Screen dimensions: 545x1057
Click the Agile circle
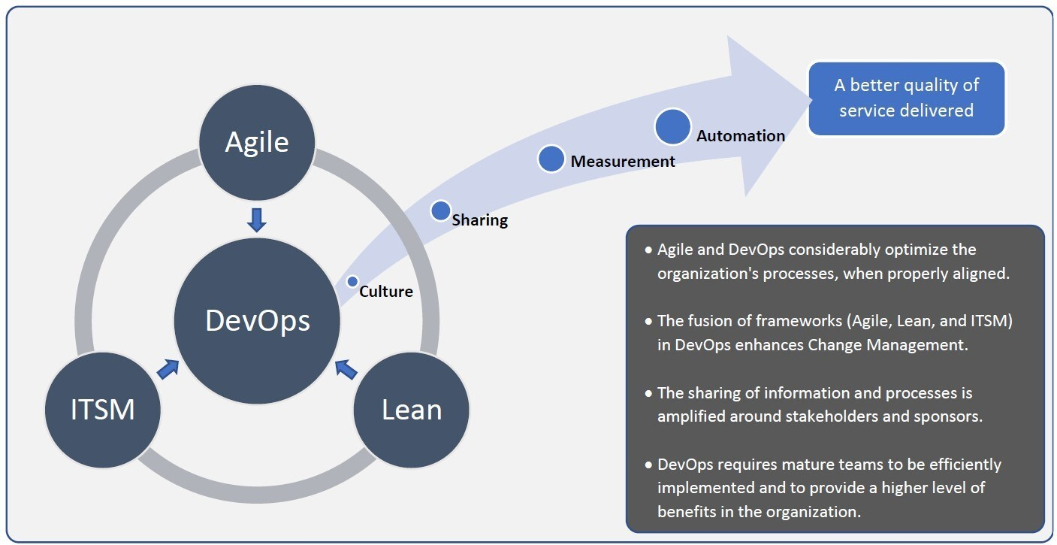pos(257,142)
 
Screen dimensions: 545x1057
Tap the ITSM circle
pos(102,410)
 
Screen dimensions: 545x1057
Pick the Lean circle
pos(412,410)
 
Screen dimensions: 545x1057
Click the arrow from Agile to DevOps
pos(257,220)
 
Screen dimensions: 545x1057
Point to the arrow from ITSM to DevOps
pos(168,368)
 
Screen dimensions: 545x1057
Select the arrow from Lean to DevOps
pos(346,368)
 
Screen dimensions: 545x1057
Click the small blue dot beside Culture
pos(352,281)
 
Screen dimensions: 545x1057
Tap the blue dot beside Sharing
pos(440,210)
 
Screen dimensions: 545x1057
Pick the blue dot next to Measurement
pos(551,159)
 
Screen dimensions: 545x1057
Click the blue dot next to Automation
pos(672,127)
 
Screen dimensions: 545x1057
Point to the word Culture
pos(386,292)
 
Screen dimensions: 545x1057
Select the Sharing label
pos(480,220)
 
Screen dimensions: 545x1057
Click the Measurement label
pos(623,161)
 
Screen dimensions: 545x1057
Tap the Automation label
pos(741,136)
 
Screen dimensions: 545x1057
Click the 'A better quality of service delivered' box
pos(906,98)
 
